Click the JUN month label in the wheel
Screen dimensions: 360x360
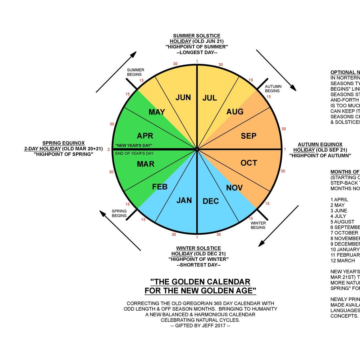(183, 98)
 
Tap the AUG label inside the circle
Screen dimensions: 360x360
(235, 112)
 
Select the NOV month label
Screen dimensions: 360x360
(234, 188)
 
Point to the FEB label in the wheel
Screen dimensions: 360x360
(160, 187)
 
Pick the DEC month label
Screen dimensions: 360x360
(211, 201)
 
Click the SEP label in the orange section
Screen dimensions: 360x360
(248, 136)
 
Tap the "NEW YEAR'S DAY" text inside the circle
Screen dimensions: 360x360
(134, 145)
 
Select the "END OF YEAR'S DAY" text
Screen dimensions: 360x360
(134, 153)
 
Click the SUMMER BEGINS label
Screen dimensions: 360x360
(135, 72)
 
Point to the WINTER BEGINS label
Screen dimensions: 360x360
(258, 225)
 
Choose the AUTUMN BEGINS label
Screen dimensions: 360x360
(273, 89)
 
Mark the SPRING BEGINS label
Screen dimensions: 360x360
(119, 213)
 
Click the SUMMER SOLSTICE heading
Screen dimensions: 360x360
(197, 36)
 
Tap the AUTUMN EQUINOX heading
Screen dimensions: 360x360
(320, 144)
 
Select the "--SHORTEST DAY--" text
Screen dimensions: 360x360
(198, 265)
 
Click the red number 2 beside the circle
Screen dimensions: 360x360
(109, 150)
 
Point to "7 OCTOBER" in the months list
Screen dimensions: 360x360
(344, 233)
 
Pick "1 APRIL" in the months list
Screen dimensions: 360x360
(339, 199)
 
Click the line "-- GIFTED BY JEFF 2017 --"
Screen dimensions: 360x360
(200, 326)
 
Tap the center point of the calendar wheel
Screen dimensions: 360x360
(197, 149)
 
